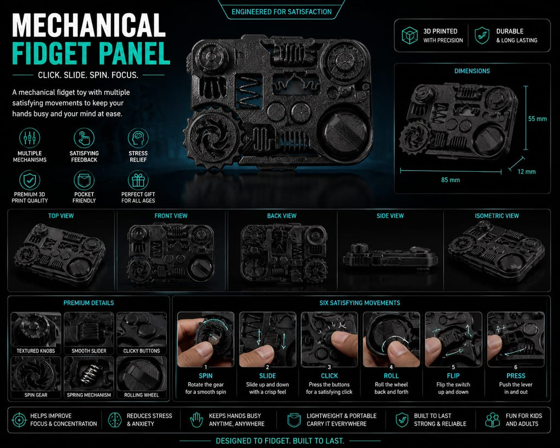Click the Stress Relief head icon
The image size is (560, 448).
pos(138,138)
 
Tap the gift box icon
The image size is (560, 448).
pos(138,181)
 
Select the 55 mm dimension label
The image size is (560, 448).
pos(538,119)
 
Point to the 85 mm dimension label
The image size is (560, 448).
pos(451,180)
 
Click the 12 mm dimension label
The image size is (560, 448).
pos(527,171)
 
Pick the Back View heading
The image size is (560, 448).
pos(282,216)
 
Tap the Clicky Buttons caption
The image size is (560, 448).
pos(142,351)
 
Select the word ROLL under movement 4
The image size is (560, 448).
pos(391,376)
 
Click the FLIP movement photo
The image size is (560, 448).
pos(453,339)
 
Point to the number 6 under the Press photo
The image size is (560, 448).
pos(515,367)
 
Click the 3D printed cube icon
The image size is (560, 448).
pos(410,36)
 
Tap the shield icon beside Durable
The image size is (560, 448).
pos(482,36)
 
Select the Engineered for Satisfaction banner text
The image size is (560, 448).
pos(282,12)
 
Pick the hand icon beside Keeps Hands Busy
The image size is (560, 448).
pos(196,420)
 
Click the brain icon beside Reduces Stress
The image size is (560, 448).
pos(115,420)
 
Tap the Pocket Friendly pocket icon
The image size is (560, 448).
pos(84,181)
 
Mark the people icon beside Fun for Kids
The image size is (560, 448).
pos(493,420)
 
